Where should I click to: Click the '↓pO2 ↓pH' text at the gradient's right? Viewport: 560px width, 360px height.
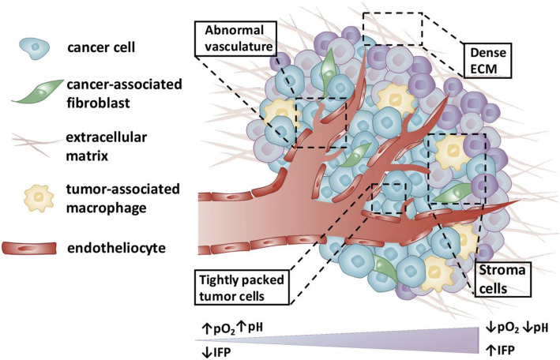517,324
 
